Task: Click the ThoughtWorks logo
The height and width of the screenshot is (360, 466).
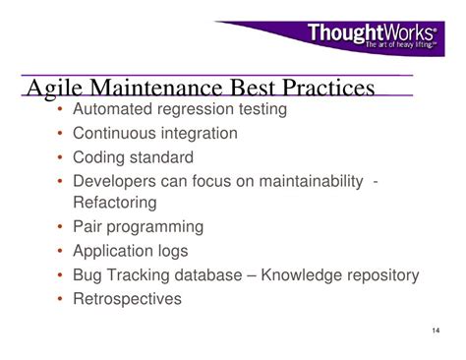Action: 372,36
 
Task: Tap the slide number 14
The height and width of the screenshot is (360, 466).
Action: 436,329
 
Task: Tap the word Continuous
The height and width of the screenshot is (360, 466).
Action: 112,133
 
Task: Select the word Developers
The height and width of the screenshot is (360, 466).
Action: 115,180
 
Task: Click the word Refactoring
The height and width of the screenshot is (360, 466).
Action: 114,203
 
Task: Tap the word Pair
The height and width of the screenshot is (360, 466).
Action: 88,226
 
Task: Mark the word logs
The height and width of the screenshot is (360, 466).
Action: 171,251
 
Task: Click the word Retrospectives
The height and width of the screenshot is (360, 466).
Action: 127,299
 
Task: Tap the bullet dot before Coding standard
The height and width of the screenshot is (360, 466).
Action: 60,157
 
